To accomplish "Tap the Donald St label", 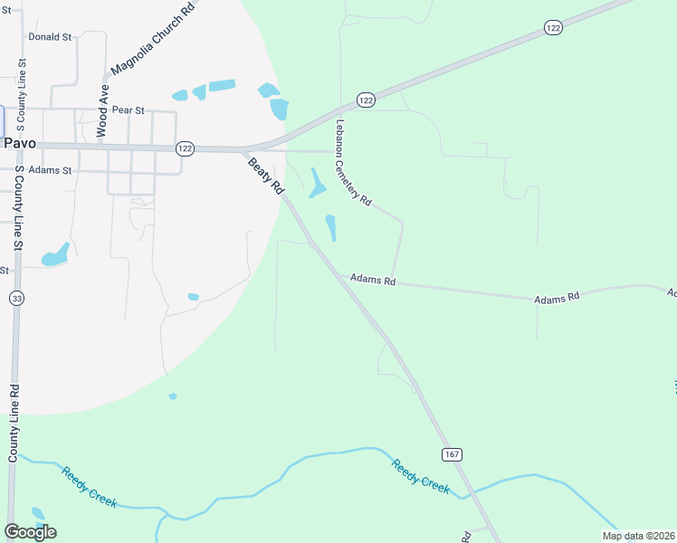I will tap(50, 37).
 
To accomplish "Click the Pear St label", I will tap(128, 110).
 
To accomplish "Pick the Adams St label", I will tap(50, 169).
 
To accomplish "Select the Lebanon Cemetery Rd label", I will tap(354, 164).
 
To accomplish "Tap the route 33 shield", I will tap(17, 298).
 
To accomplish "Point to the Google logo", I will tap(31, 532).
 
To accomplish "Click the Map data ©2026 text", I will tap(638, 536).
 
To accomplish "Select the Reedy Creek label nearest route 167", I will tap(421, 475).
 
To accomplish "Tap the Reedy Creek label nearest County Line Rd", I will tap(89, 486).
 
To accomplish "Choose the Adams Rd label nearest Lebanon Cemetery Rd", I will tap(373, 281).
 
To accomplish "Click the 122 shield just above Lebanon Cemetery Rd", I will tap(366, 100).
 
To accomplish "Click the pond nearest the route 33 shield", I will tap(55, 255).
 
